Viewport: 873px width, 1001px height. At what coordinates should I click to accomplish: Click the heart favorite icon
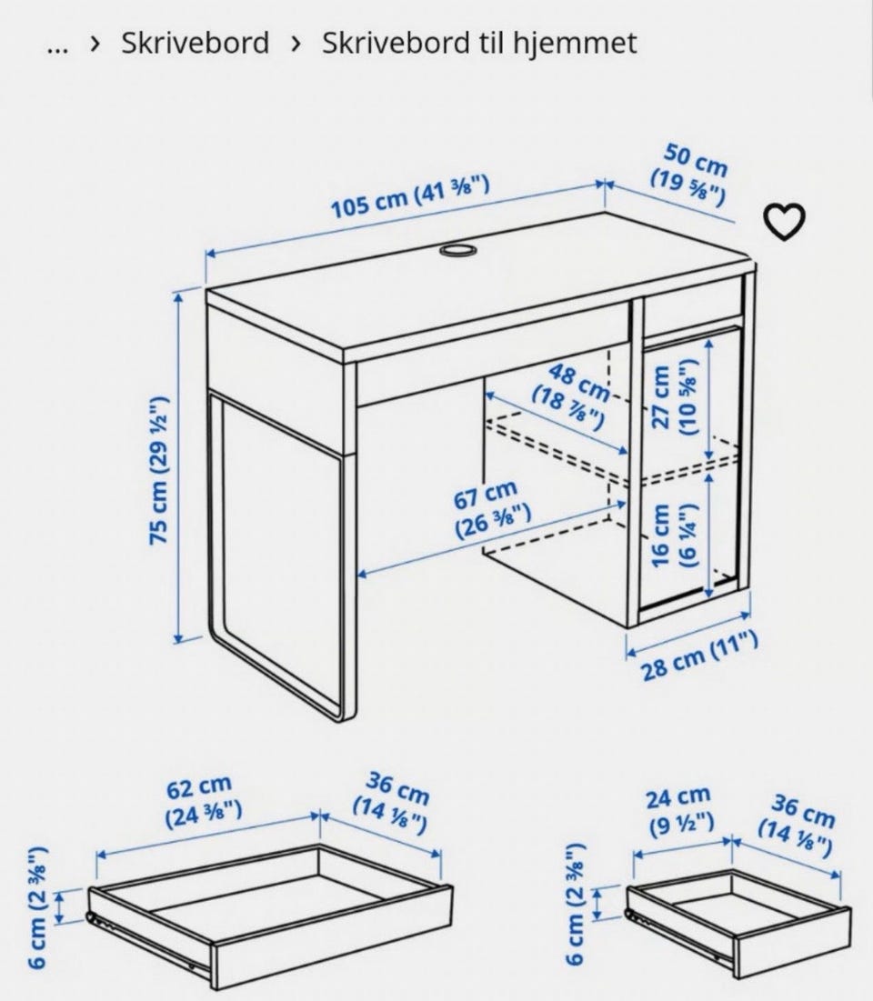[785, 222]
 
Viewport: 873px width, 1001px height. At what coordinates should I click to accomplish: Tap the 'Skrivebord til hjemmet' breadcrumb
[479, 44]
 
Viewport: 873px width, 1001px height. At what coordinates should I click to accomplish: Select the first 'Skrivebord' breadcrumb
[196, 44]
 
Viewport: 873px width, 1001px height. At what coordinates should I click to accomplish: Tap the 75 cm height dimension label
[159, 471]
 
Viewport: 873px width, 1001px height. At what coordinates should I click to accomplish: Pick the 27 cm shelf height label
[673, 396]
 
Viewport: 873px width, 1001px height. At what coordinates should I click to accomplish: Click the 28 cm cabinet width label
[700, 656]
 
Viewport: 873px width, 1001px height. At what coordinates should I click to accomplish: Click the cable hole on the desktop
[457, 249]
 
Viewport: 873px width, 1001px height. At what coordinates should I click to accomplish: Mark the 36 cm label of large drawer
[392, 802]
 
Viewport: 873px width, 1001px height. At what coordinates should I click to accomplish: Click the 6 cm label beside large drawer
[37, 907]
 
